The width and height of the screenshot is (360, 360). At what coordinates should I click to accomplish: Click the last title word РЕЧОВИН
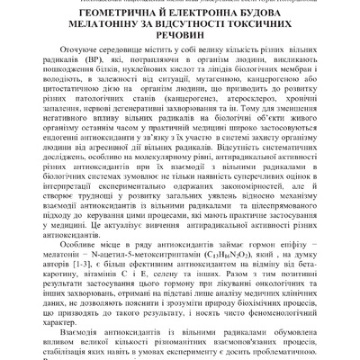click(x=180, y=46)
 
